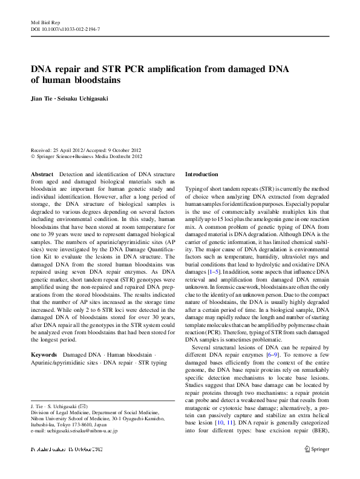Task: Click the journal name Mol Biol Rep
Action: tap(43, 21)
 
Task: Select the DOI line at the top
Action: tap(65, 28)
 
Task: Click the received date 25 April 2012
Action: tap(71, 150)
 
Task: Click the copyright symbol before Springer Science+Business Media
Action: tap(33, 156)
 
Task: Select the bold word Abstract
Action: tap(42, 174)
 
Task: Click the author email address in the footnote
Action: tap(74, 431)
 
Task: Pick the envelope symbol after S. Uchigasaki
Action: tap(90, 405)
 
